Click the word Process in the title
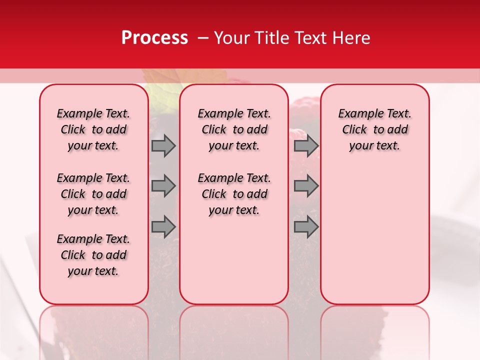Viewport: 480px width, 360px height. (154, 38)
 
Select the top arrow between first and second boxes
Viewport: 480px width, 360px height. (163, 145)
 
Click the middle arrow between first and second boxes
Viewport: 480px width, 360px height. (163, 186)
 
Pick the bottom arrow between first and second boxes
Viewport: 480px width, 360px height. (163, 226)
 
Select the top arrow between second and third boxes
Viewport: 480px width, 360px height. (306, 145)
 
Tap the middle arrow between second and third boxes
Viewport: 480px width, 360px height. (306, 186)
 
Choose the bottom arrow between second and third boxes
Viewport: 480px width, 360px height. (306, 226)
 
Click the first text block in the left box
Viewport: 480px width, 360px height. (93, 129)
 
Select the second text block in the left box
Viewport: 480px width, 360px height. (93, 194)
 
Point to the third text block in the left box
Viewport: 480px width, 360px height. (93, 255)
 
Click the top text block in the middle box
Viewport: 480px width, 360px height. (234, 129)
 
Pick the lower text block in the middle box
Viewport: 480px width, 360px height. (234, 194)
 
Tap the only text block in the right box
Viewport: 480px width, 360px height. (374, 129)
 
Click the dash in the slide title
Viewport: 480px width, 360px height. (203, 38)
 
